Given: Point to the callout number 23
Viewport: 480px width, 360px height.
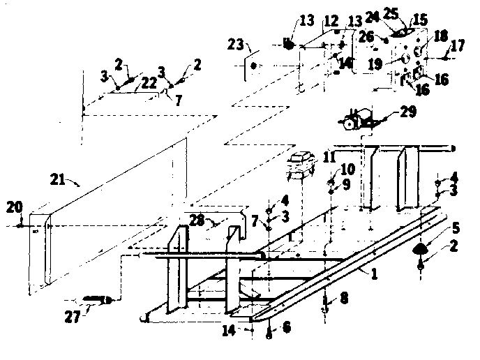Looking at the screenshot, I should [235, 45].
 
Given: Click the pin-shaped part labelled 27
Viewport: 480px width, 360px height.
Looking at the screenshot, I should [98, 300].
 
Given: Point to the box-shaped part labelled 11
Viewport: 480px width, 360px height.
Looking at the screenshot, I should [301, 165].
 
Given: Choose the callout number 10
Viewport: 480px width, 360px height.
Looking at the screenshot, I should [346, 169].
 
